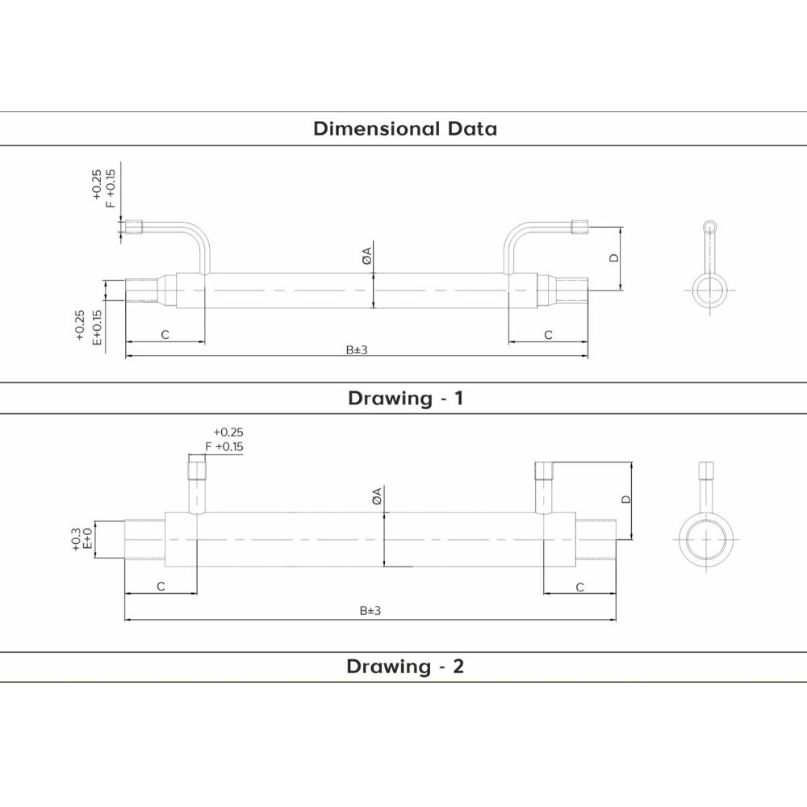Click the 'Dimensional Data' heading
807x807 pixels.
click(405, 128)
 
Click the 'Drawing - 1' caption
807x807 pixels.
click(406, 398)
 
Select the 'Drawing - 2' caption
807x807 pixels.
click(405, 666)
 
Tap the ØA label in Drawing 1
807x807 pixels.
click(366, 256)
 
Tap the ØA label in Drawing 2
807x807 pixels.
click(377, 496)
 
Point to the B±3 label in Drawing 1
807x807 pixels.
click(357, 350)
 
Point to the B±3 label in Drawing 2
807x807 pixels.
click(370, 611)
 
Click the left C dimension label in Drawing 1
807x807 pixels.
click(165, 335)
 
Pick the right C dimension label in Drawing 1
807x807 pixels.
click(548, 335)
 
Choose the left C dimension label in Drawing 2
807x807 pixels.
click(161, 587)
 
